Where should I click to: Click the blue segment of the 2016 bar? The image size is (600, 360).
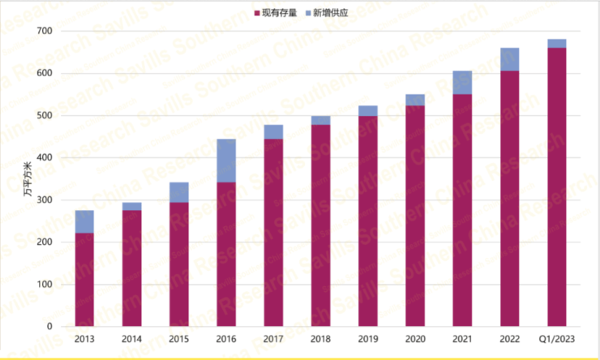click(x=226, y=161)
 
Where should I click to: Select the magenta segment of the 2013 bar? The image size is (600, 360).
click(x=84, y=280)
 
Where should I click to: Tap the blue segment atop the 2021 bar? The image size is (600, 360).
click(x=462, y=82)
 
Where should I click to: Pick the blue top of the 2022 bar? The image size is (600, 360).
click(x=509, y=59)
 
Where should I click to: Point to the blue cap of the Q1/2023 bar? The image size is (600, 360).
click(x=556, y=43)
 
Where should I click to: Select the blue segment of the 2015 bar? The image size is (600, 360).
click(x=179, y=192)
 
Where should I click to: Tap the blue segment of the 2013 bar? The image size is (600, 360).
click(x=84, y=221)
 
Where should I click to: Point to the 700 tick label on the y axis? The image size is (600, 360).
click(x=44, y=31)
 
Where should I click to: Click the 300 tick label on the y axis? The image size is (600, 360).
click(x=44, y=200)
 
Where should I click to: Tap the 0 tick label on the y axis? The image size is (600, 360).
click(x=50, y=327)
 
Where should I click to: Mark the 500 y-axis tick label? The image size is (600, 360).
click(x=44, y=116)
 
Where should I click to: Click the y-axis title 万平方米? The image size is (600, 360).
click(x=25, y=187)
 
